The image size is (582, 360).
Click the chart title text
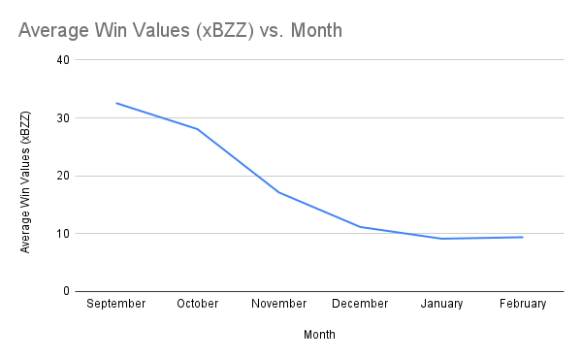click(x=179, y=31)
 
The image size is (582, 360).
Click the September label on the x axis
click(x=116, y=304)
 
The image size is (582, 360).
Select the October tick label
click(x=198, y=304)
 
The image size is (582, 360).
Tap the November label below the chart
click(x=279, y=304)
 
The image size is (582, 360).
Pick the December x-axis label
click(x=361, y=304)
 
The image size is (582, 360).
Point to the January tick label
click(x=442, y=304)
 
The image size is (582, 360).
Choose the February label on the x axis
click(x=524, y=304)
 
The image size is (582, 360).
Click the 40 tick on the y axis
click(x=64, y=59)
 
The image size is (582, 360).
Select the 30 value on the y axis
click(x=64, y=117)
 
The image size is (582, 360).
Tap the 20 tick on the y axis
click(x=64, y=176)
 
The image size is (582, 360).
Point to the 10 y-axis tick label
click(x=64, y=233)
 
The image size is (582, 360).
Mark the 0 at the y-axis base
click(x=67, y=291)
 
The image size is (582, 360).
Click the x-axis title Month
click(x=320, y=334)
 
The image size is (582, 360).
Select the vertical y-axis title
click(x=26, y=182)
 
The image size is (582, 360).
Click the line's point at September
click(x=116, y=103)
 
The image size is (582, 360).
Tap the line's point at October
click(x=198, y=129)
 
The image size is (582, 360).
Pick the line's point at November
click(x=279, y=192)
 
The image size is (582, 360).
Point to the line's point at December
click(x=361, y=227)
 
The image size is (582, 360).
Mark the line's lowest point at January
click(x=442, y=239)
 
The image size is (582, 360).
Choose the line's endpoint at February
click(x=524, y=237)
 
